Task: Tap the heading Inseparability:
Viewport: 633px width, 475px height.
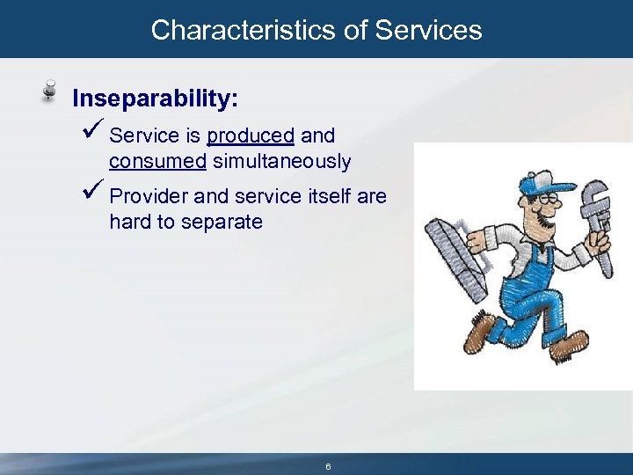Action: click(x=155, y=98)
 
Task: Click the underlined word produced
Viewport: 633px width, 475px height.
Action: click(x=251, y=136)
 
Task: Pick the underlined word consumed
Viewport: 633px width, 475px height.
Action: click(x=157, y=162)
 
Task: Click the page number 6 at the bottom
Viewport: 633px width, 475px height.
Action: click(x=328, y=467)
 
